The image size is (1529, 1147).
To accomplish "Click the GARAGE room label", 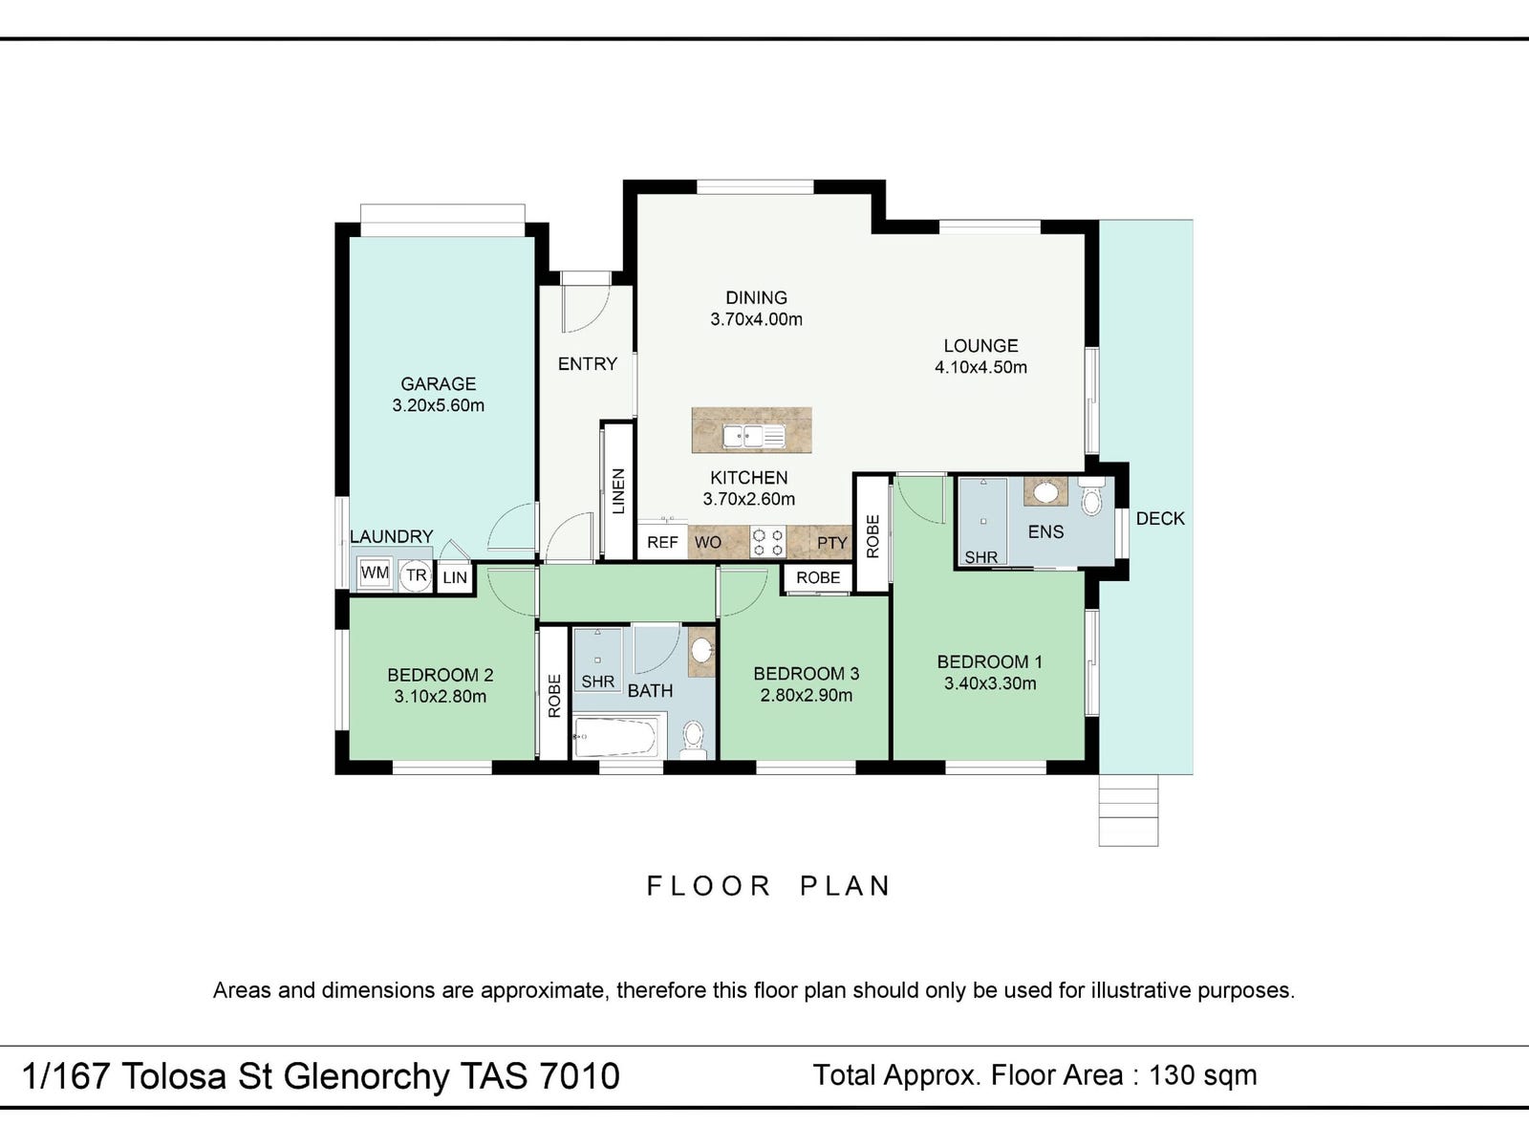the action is click(x=438, y=383).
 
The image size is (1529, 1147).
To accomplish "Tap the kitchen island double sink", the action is click(x=753, y=436).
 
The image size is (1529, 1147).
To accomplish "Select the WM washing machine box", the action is click(x=375, y=573).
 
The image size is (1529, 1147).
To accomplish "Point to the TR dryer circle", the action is click(x=416, y=575).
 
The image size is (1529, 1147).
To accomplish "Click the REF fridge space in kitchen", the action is click(x=662, y=543).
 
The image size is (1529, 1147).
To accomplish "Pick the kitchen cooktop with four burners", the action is click(x=767, y=543).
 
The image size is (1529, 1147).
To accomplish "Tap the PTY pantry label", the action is click(x=831, y=543).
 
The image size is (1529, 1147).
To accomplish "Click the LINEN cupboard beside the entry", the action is click(x=617, y=491).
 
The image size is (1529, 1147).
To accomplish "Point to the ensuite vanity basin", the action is click(x=1045, y=492).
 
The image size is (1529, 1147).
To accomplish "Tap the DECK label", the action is click(x=1160, y=518).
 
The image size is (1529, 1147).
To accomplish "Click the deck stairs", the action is click(x=1129, y=810).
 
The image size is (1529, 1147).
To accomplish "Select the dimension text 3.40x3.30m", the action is click(x=990, y=683).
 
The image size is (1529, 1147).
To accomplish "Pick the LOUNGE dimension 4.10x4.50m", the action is click(x=980, y=367).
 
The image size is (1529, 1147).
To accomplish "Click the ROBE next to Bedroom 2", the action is click(x=553, y=694).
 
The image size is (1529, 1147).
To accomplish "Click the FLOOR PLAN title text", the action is click(x=768, y=886).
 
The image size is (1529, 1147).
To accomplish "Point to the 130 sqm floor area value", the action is click(x=1203, y=1075).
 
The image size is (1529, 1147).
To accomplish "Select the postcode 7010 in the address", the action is click(x=579, y=1076).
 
